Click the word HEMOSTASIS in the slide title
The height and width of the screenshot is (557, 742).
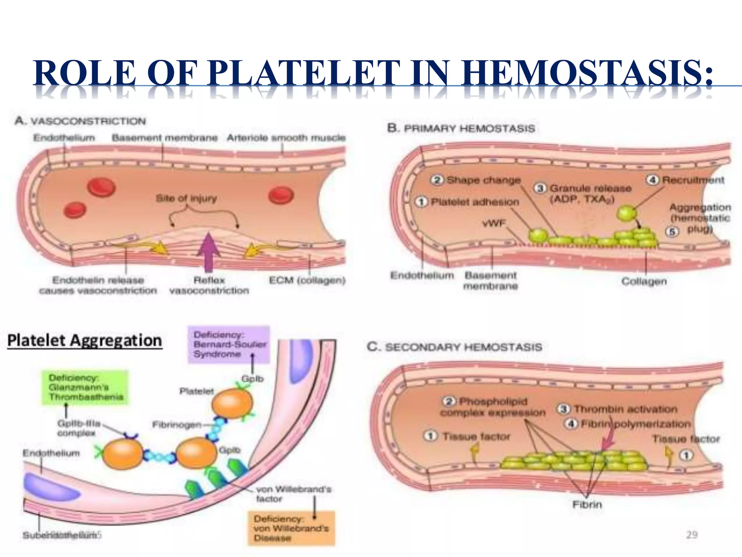[587, 73]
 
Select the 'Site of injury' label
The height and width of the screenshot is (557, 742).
[186, 198]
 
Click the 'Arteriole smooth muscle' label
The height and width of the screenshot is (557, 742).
[286, 138]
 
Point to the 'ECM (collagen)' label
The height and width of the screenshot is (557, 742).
[307, 280]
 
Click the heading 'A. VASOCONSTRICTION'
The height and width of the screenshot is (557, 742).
[80, 121]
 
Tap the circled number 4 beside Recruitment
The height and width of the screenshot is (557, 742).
[653, 180]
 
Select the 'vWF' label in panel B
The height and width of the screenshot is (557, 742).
[493, 223]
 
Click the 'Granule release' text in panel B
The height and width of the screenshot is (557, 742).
[591, 189]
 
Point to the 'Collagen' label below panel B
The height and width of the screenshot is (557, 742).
[644, 281]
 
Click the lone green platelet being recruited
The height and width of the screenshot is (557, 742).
[626, 213]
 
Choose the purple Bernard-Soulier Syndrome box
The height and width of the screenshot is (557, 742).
[229, 344]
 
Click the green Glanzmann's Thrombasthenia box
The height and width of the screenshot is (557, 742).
[85, 387]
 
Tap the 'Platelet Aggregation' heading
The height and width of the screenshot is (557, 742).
[85, 341]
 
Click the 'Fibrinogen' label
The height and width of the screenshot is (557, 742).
[176, 424]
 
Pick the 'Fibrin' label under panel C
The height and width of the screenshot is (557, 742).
[587, 504]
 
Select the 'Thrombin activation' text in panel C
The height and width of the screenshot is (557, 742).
[625, 409]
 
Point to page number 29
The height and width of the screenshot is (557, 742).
[692, 535]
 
